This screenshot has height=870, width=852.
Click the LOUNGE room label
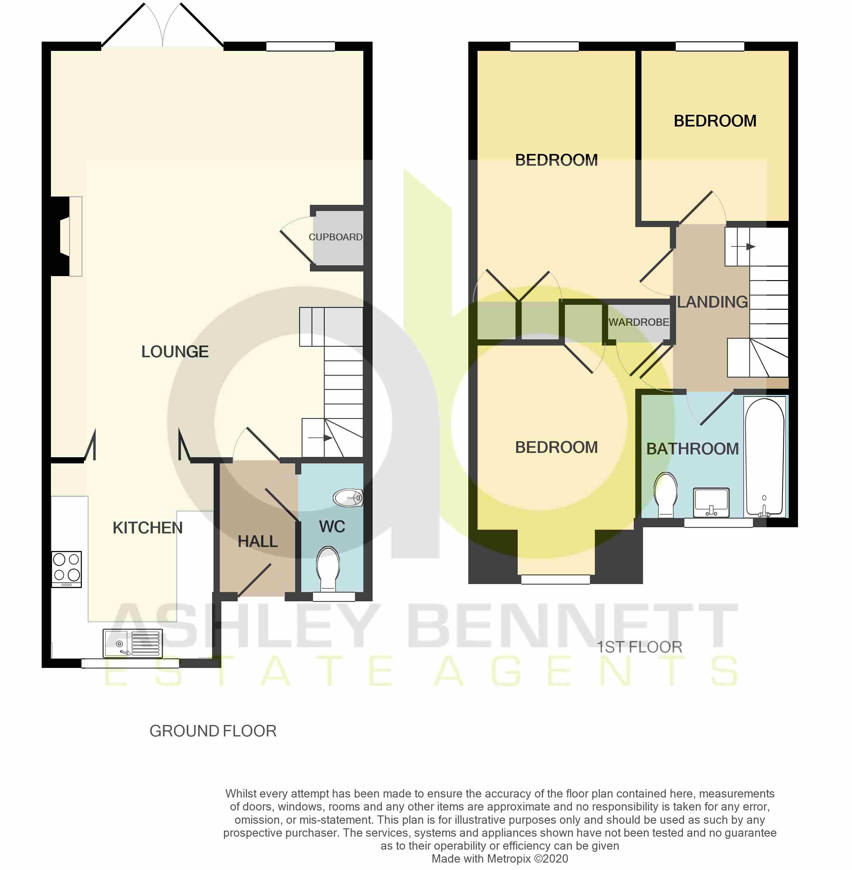[x=175, y=352]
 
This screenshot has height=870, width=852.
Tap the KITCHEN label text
[x=148, y=528]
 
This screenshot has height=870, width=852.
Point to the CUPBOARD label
[x=336, y=237]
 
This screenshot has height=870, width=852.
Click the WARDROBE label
[x=639, y=322]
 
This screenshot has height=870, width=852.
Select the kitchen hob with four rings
[x=67, y=569]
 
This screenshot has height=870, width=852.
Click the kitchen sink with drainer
[x=132, y=643]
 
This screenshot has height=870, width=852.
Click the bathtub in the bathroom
[x=765, y=456]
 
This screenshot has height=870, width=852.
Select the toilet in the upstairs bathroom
[x=666, y=494]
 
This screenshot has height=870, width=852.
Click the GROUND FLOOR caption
[x=213, y=731]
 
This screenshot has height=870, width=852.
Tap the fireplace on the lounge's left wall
[x=67, y=236]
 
